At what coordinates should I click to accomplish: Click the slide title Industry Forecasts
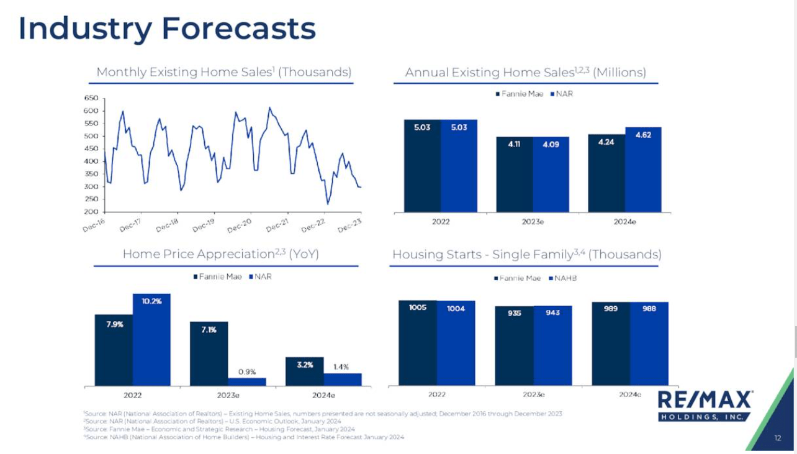pyautogui.click(x=167, y=29)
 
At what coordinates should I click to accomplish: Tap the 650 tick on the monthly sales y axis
pyautogui.click(x=91, y=98)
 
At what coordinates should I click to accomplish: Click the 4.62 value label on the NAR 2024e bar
pyautogui.click(x=643, y=134)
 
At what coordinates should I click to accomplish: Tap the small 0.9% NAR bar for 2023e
pyautogui.click(x=246, y=381)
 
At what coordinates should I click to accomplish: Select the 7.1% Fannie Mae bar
pyautogui.click(x=209, y=353)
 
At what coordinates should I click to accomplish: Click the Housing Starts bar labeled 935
pyautogui.click(x=514, y=345)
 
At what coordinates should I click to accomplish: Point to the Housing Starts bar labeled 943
pyautogui.click(x=552, y=345)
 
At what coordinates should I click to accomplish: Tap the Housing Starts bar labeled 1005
pyautogui.click(x=418, y=343)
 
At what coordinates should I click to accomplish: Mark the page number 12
pyautogui.click(x=778, y=438)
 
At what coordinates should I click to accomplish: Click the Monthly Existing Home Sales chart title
pyautogui.click(x=223, y=72)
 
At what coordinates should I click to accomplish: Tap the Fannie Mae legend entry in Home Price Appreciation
pyautogui.click(x=217, y=276)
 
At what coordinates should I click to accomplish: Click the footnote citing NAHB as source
pyautogui.click(x=243, y=437)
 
